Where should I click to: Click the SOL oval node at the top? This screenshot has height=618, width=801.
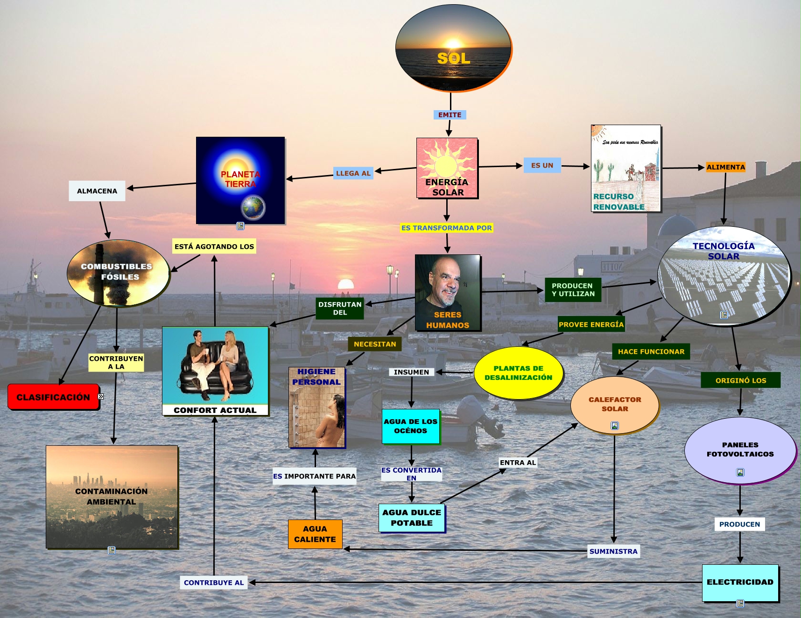[453, 48]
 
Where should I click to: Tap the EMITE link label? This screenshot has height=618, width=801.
[450, 115]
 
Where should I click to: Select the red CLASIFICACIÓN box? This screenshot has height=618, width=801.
[53, 397]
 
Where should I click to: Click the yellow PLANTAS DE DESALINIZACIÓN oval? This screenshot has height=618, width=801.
[518, 373]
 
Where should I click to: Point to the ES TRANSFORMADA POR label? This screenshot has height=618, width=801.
[447, 228]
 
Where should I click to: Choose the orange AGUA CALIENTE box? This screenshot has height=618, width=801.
[315, 534]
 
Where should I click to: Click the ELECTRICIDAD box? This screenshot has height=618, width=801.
[740, 583]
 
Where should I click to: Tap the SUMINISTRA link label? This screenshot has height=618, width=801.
[613, 551]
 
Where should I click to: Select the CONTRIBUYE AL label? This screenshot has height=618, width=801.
[214, 583]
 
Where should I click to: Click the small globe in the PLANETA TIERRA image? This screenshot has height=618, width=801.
[253, 207]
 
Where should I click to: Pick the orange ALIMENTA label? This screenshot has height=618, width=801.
[725, 167]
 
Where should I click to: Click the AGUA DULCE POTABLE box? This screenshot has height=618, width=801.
[412, 518]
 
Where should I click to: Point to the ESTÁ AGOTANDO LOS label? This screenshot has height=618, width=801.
[214, 246]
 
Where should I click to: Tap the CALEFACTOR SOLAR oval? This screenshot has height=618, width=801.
[614, 405]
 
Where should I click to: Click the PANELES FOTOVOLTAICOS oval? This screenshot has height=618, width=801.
[740, 449]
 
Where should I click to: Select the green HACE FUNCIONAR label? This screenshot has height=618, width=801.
[651, 351]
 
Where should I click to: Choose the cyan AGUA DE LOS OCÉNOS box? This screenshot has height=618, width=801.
[411, 426]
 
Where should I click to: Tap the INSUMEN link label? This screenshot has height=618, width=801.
[411, 372]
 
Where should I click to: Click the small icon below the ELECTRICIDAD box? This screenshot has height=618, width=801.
[740, 604]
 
